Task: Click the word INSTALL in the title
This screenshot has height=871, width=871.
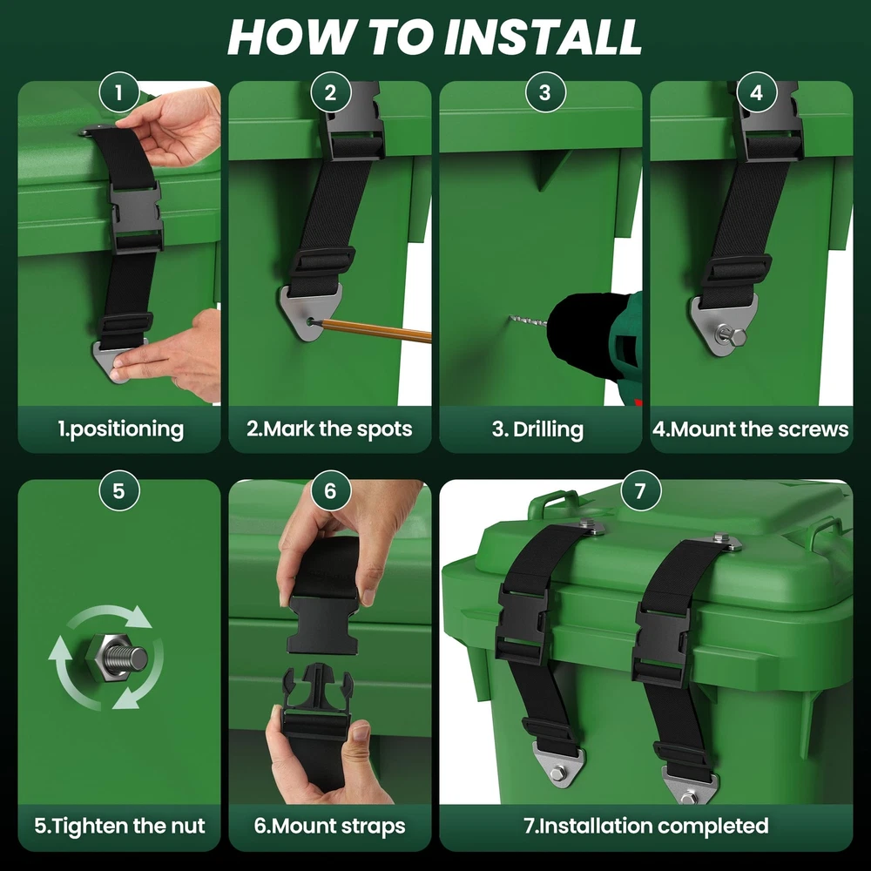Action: [x=543, y=37]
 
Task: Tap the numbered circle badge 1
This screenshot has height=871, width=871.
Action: [x=118, y=92]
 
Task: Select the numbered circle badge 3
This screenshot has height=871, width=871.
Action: [x=545, y=92]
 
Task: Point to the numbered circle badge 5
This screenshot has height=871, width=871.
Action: [x=118, y=490]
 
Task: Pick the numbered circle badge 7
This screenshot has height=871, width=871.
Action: [x=640, y=490]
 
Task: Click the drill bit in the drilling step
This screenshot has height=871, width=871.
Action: [x=529, y=321]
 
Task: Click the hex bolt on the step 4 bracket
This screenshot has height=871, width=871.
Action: [x=732, y=335]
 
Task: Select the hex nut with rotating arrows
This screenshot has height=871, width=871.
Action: [x=118, y=658]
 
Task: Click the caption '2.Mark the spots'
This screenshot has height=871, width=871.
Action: [x=329, y=429]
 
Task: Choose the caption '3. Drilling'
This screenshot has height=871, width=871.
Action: [x=537, y=429]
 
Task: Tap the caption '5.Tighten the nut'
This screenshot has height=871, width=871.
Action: [x=119, y=826]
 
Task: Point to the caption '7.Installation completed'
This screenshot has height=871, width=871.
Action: [x=646, y=826]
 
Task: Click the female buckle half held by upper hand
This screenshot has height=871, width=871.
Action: [x=323, y=624]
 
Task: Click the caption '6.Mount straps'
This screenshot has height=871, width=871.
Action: [x=329, y=826]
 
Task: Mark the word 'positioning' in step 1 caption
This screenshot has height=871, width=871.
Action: [x=127, y=430]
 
